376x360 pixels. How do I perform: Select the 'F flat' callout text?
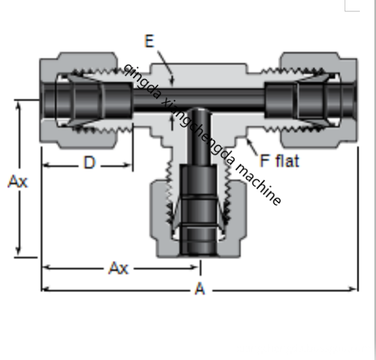279,160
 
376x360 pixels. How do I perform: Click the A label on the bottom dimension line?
200,290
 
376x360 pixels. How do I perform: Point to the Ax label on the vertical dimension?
18,181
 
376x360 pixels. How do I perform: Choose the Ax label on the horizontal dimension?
118,267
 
